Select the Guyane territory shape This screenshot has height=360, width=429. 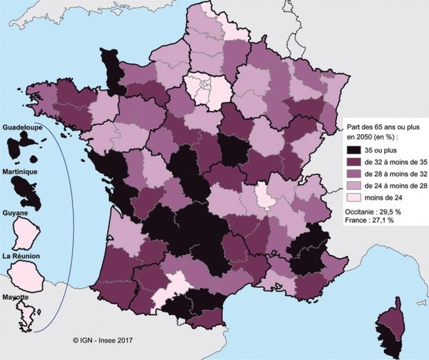coord(26,232)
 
